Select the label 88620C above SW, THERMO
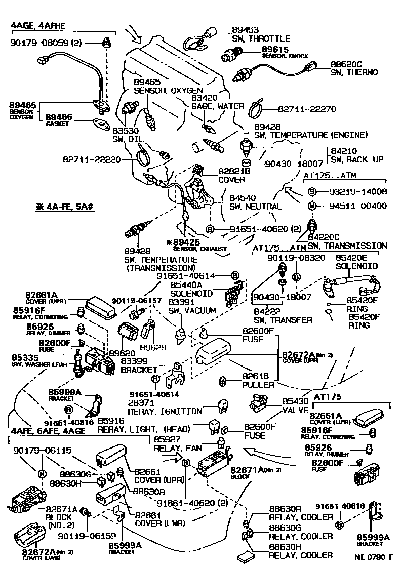[x=347, y=64]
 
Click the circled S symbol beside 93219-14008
[x=312, y=192]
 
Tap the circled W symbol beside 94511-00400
[x=312, y=206]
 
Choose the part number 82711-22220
[x=92, y=159]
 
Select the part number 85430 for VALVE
[x=294, y=399]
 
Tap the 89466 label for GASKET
[x=59, y=117]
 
